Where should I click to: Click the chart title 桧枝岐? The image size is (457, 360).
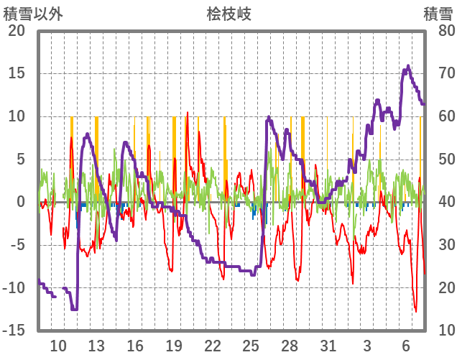coord(229,14)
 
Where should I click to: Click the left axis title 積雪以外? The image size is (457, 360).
coord(33,14)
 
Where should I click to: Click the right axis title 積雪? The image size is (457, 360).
coord(437,14)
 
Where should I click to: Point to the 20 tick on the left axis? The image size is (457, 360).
coord(16,31)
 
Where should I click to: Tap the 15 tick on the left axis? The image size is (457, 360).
coord(16,73)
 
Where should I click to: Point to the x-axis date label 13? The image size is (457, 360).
coord(96,345)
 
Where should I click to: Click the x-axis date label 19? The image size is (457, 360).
coord(174,345)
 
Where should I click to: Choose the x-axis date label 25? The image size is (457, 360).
coord(251,345)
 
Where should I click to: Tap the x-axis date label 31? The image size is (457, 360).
coord(328,345)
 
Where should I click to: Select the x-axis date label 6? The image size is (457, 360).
coord(406,345)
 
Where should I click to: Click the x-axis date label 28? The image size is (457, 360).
coord(290,345)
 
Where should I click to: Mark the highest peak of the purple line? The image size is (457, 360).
coord(408,66)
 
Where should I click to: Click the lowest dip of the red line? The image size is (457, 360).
coord(415,311)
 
